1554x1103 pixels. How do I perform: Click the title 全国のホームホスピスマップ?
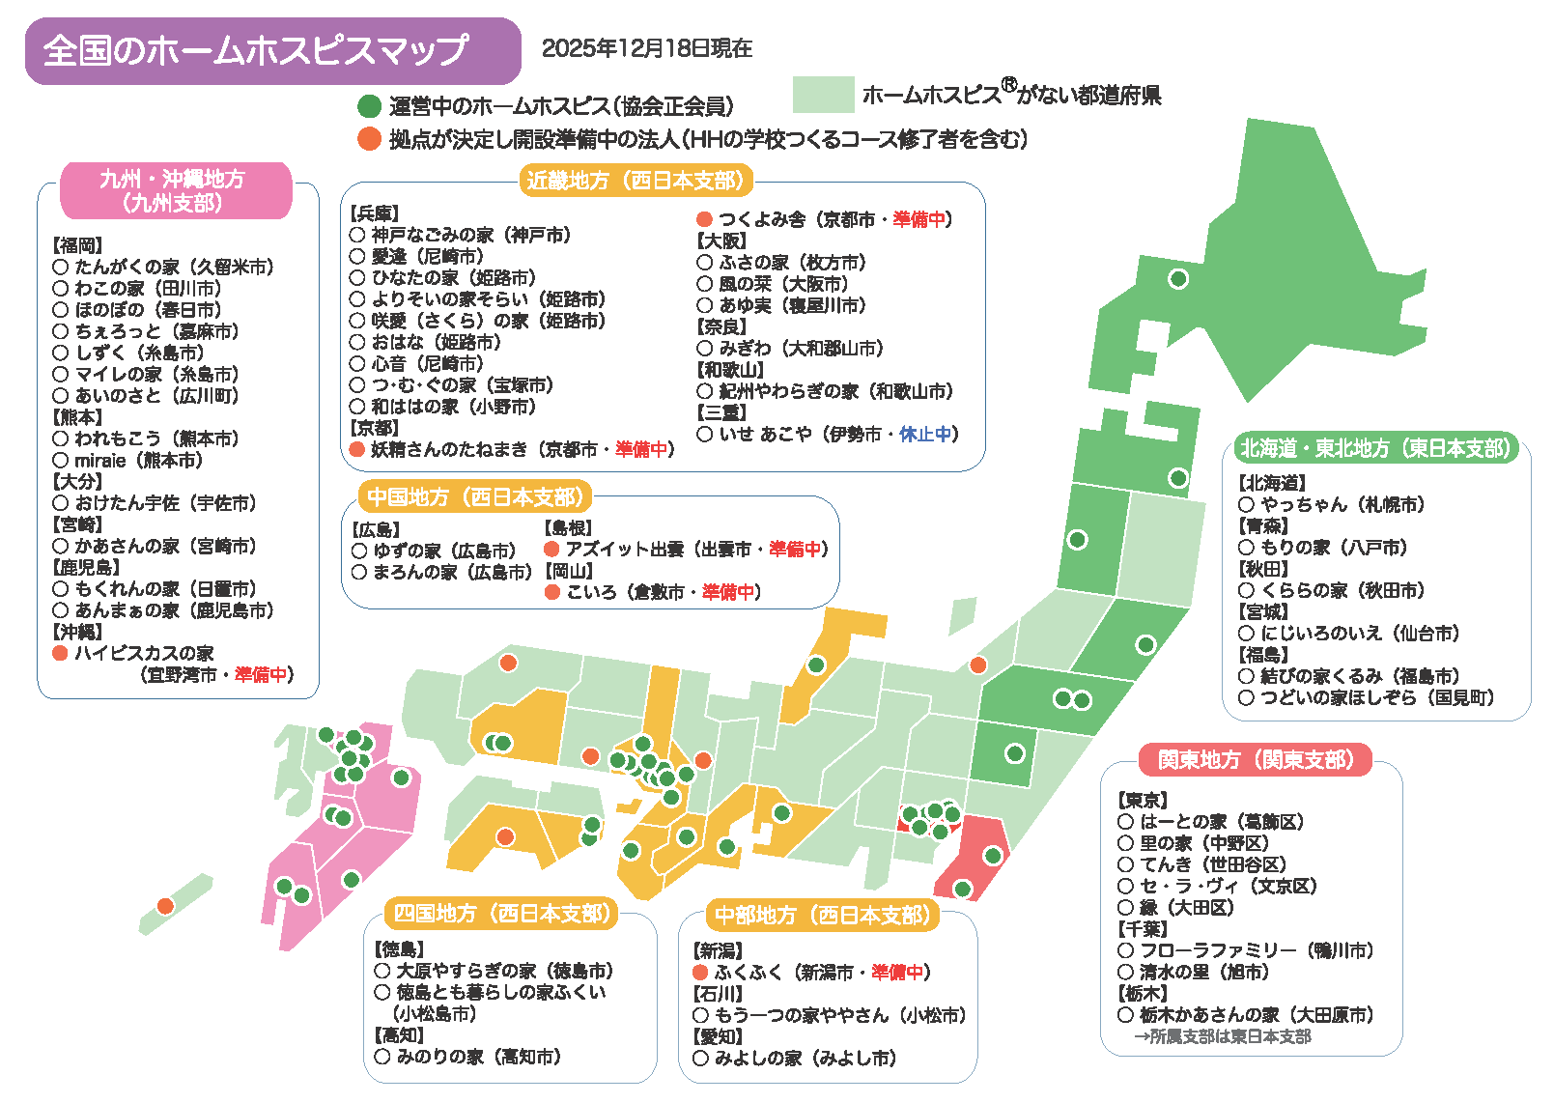257,50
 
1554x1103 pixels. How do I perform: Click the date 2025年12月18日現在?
646,48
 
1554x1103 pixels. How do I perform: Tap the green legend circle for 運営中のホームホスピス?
369,106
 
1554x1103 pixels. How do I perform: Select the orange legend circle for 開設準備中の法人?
369,139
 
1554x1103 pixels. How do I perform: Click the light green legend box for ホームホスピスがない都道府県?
823,95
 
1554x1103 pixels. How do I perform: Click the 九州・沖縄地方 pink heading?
175,190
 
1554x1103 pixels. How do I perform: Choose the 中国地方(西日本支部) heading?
475,497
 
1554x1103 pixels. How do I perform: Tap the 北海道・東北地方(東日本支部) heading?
1375,448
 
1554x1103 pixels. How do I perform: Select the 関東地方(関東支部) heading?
1256,760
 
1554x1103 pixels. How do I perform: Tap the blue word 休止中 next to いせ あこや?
924,435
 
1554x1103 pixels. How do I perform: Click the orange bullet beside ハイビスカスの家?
60,654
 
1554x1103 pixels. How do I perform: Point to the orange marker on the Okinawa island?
165,906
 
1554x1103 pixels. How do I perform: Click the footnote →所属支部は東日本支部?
1222,1036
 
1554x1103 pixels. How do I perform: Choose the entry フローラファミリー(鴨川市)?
1256,950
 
